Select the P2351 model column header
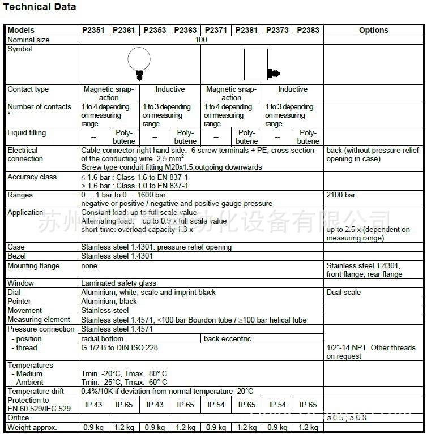coord(93,30)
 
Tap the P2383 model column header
coord(308,30)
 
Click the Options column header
coord(374,30)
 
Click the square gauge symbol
coord(256,65)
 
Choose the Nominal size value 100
coord(200,40)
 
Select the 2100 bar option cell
coord(341,195)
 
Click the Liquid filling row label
coord(27,133)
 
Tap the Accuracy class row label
coord(32,177)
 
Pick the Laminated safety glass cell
coord(118,283)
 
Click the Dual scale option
coord(344,293)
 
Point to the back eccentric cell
coord(228,339)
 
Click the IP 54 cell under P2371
coord(216,405)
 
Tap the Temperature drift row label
coord(36,392)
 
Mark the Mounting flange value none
coord(89,265)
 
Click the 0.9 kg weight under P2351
coord(93,428)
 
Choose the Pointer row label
coord(20,302)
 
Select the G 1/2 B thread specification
coord(119,348)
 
